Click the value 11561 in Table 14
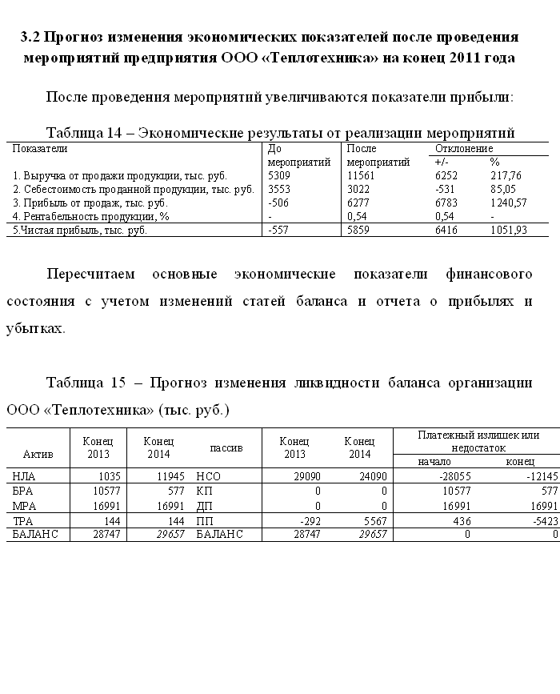point(360,175)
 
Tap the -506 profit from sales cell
point(278,203)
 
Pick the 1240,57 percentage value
point(508,203)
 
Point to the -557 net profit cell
point(278,230)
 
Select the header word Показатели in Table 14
point(40,148)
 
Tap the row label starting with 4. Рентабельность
point(92,216)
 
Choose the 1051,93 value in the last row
point(508,230)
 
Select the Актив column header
point(38,454)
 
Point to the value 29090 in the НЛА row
point(306,475)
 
